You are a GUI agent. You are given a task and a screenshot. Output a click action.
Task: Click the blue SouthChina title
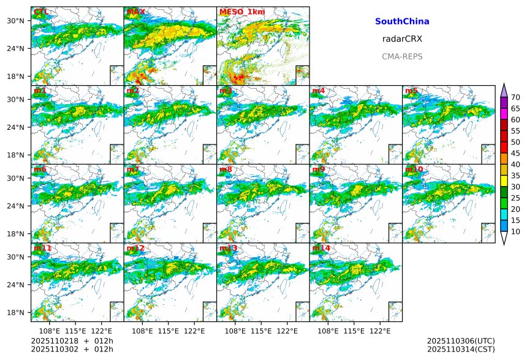402,21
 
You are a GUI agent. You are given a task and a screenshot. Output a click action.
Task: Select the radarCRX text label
402,39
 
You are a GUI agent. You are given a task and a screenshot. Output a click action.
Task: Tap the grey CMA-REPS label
402,56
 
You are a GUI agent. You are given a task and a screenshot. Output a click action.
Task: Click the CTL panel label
42,12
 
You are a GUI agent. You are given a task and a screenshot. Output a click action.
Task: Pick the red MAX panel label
136,12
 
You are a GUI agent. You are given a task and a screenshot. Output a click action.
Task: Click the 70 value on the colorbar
516,97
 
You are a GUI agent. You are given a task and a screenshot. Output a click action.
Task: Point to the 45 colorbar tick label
516,153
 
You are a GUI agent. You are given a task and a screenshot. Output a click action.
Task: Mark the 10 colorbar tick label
516,231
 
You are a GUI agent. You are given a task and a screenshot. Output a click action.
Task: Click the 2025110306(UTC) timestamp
461,341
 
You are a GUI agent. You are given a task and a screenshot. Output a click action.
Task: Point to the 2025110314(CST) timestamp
461,349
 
